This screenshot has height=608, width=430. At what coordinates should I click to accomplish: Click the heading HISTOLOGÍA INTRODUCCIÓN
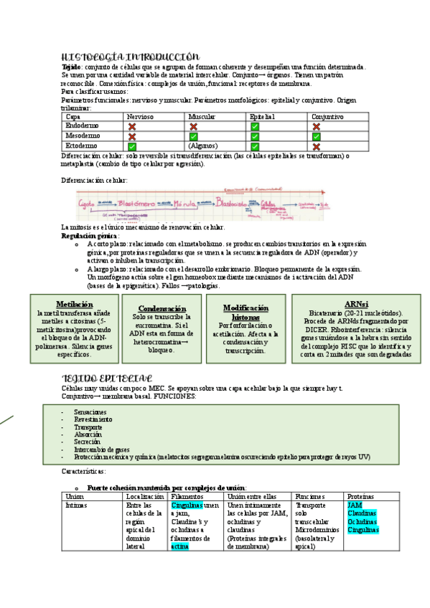tap(130, 57)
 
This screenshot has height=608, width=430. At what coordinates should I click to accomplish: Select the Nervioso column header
tap(139, 116)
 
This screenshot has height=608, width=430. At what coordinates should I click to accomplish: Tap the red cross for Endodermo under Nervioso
tap(132, 125)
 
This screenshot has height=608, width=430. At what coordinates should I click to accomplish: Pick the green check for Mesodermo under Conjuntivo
tap(316, 136)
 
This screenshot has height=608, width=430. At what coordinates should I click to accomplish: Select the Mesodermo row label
tap(83, 136)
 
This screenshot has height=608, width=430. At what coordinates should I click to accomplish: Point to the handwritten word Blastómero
tap(136, 203)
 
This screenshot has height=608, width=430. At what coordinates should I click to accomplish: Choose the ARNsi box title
tap(356, 304)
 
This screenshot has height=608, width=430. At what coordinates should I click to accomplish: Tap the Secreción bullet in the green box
tap(88, 442)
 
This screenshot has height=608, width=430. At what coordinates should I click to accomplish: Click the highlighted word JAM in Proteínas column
tap(355, 505)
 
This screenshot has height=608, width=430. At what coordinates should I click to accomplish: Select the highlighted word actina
tap(179, 546)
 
